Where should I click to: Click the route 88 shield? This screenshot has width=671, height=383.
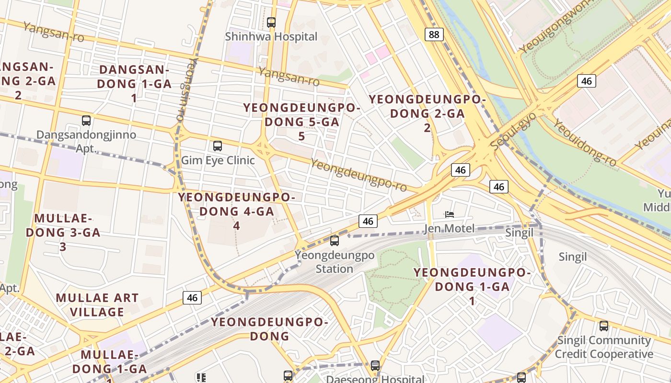pos(434,34)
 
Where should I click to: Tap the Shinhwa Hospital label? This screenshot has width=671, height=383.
pos(271,36)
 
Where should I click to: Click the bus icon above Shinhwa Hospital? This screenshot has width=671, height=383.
pos(271,22)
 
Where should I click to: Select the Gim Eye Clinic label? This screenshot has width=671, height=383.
pos(218,160)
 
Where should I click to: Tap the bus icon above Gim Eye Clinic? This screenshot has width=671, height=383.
pos(218,146)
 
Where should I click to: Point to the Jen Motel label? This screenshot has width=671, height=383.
pos(449,228)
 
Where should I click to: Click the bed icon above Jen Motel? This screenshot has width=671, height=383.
pos(449,214)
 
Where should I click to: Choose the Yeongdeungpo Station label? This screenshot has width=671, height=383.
pos(335,261)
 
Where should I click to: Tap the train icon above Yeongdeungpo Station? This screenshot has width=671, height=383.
pos(335,241)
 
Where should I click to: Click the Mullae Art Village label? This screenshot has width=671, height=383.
pos(97,305)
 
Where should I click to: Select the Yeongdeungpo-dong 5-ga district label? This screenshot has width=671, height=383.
pos(301,122)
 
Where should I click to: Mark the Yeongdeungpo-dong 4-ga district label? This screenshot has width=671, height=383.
pos(236,211)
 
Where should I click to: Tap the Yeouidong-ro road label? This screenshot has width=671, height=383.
pos(585,142)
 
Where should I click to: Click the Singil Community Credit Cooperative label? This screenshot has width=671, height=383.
pos(604,347)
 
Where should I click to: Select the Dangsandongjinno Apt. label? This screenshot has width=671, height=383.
pos(86,141)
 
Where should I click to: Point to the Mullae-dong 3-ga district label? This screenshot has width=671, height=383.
pos(63,232)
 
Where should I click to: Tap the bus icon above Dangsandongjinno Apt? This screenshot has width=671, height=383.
pos(86,121)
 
